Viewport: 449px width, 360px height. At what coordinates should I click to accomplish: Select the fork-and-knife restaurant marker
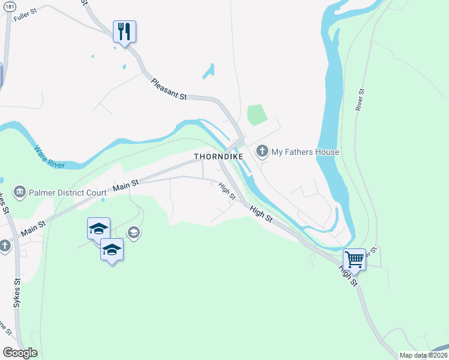coord(124,32)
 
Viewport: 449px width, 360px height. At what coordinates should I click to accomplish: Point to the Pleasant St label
coord(170,89)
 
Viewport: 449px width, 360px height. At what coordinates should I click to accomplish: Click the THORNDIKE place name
coord(218,156)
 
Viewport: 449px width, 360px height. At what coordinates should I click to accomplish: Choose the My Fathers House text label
coord(306,152)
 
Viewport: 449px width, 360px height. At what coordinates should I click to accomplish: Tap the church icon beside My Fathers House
coord(262,151)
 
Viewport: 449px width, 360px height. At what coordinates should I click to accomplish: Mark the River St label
coord(360,100)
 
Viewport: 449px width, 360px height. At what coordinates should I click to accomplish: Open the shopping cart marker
coord(354,260)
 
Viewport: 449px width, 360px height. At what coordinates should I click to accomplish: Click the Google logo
coord(20,353)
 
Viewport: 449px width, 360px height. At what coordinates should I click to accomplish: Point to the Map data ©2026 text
coord(423,355)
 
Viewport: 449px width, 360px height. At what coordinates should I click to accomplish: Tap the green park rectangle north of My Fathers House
coord(256,115)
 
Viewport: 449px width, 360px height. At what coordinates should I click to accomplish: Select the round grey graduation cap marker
coord(134,233)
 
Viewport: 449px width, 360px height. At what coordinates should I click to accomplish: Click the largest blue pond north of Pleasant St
coord(208,71)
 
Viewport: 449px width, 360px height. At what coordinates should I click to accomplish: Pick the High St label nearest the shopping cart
coord(348,277)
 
